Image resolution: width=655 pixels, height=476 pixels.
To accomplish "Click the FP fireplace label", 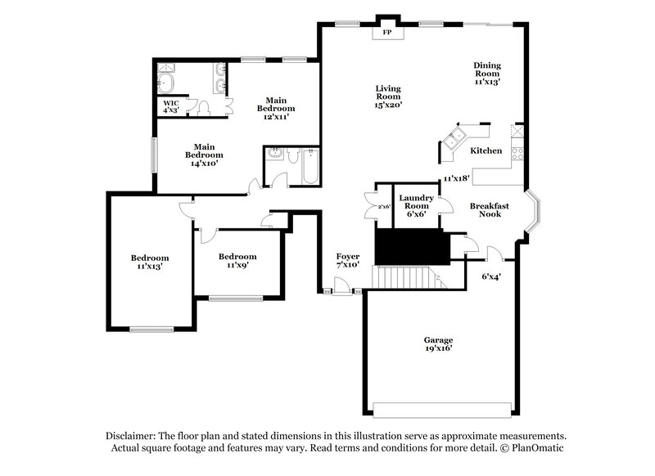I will pos(387,34).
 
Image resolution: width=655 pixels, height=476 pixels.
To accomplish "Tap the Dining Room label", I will pos(487,74).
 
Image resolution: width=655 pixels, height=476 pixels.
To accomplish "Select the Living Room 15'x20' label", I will pos(388,96).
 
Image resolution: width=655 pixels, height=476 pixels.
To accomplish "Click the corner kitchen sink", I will pos(454,137).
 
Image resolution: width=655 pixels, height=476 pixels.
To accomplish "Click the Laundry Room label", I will pos(417,202).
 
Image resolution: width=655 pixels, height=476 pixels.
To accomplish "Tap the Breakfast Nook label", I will pos(490,210).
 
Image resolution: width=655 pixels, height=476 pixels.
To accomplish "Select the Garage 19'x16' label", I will pos(438,344).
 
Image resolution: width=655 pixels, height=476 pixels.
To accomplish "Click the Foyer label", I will pos(348,261).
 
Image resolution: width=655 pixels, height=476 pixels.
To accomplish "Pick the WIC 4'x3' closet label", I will pos(171,106).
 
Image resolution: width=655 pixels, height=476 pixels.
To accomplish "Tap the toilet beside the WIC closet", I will pos(205,107).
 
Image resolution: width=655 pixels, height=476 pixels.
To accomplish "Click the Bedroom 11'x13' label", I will pos(150,262).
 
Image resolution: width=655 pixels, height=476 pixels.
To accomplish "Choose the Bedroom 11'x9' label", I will pos(237,260).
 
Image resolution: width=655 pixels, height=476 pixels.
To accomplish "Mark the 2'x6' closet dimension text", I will pos(384,206).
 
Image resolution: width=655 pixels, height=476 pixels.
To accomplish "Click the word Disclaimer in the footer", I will pos(130,436).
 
